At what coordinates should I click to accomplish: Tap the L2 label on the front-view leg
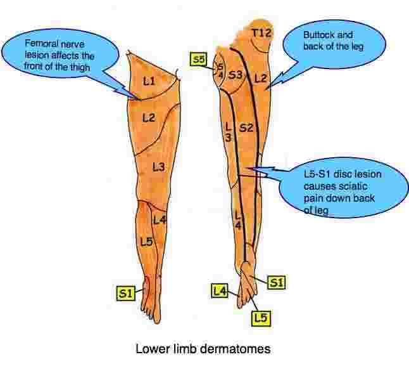148,117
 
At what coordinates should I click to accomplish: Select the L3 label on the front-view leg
159,166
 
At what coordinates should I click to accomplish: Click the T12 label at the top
261,32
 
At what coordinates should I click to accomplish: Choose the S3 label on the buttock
236,75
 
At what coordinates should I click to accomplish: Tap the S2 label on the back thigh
246,129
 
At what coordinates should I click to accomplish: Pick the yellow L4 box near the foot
220,291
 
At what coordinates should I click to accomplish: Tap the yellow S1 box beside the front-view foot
125,293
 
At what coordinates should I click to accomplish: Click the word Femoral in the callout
39,44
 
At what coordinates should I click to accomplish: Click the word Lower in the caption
151,348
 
